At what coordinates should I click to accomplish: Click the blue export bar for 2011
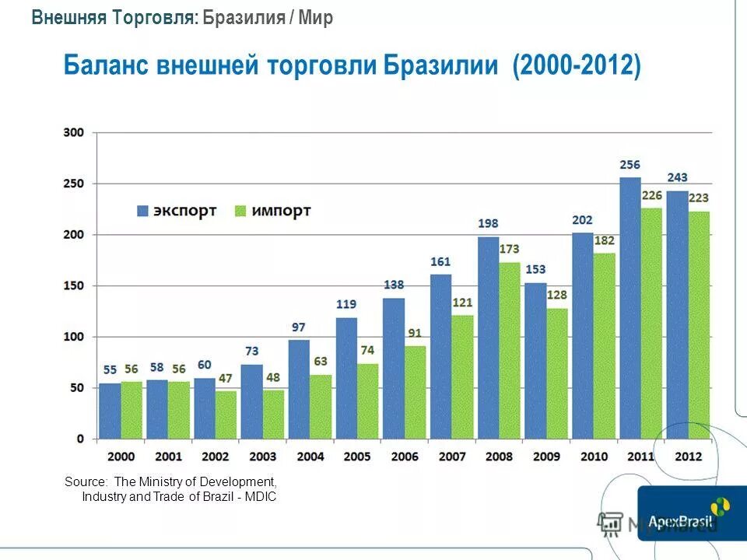pos(630,308)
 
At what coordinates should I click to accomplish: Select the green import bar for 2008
pos(510,350)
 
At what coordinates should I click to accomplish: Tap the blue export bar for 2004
pos(299,389)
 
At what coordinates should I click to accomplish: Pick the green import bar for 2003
pos(273,414)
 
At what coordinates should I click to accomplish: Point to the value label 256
pos(630,165)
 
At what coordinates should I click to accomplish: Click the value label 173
pos(510,250)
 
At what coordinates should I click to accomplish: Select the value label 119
pos(346,304)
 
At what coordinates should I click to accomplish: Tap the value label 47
pos(226,378)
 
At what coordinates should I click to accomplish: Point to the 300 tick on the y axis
pos(73,132)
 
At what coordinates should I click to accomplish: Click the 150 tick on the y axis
pos(73,285)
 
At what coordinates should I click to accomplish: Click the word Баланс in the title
pos(107,65)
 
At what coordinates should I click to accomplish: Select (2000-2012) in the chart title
pos(577,65)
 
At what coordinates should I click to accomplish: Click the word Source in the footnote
pos(86,482)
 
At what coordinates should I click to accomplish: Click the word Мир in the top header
pos(317,18)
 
